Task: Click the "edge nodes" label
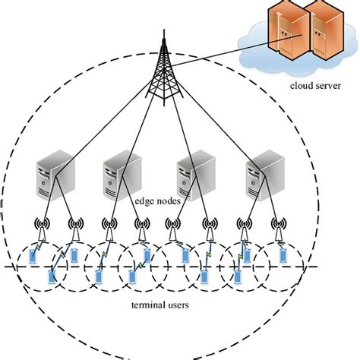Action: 154,201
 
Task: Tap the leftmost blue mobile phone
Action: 32,257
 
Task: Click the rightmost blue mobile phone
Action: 283,257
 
